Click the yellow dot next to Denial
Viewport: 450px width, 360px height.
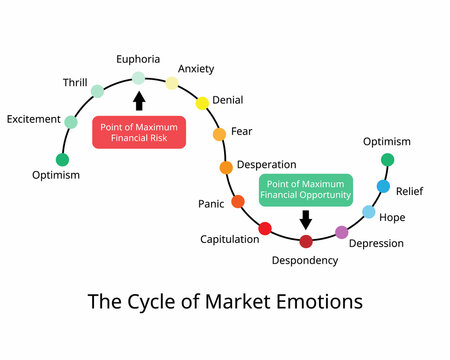[x=202, y=102]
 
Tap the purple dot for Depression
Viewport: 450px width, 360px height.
[x=342, y=232]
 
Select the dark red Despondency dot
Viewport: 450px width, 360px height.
[x=306, y=241]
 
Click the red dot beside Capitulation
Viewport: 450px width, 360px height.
[x=265, y=229]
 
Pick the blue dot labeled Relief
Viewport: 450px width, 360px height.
[x=383, y=186]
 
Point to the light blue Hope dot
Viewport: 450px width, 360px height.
[x=369, y=212]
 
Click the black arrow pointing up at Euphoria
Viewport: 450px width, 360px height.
[x=139, y=100]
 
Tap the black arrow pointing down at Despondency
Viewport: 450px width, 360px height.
[x=306, y=219]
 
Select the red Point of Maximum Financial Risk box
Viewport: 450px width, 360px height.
[x=139, y=131]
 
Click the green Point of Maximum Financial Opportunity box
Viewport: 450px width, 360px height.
[x=306, y=190]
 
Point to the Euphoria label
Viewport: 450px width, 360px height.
[x=138, y=60]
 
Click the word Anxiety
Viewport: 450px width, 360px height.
[x=195, y=69]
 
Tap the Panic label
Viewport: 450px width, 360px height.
[x=211, y=204]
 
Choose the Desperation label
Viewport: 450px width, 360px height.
[x=267, y=164]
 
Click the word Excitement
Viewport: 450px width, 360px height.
[x=34, y=119]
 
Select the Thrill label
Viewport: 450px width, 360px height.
[x=75, y=83]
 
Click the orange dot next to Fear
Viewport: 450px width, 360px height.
[x=219, y=133]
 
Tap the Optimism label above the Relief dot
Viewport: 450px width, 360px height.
[x=386, y=142]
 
